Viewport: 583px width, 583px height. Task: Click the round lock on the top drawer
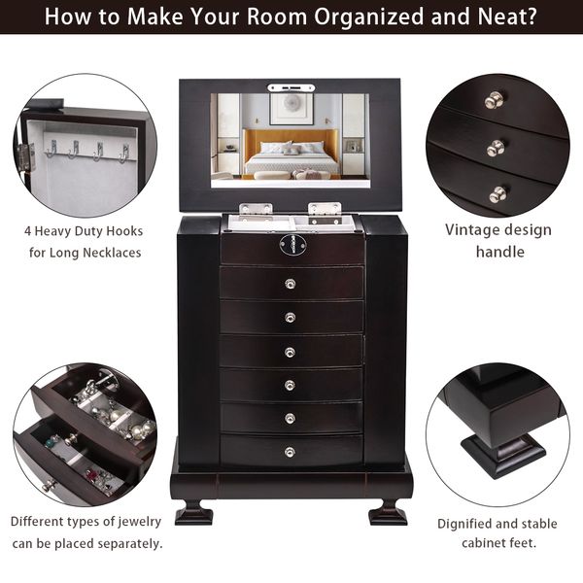click(x=290, y=247)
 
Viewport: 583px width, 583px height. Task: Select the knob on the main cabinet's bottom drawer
click(x=290, y=451)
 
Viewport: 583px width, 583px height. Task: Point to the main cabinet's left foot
click(x=194, y=511)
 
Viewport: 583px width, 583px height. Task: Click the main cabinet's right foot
click(x=388, y=511)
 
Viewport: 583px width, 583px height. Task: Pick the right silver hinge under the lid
click(x=325, y=209)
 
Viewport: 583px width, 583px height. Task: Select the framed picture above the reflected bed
click(x=291, y=110)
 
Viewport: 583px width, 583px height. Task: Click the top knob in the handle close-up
click(x=495, y=99)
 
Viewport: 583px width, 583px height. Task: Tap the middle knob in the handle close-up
click(x=496, y=148)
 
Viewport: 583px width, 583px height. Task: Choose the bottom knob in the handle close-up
click(x=497, y=194)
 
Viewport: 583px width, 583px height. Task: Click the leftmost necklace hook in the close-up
click(x=51, y=149)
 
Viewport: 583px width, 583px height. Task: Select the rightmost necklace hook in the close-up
click(x=124, y=153)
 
